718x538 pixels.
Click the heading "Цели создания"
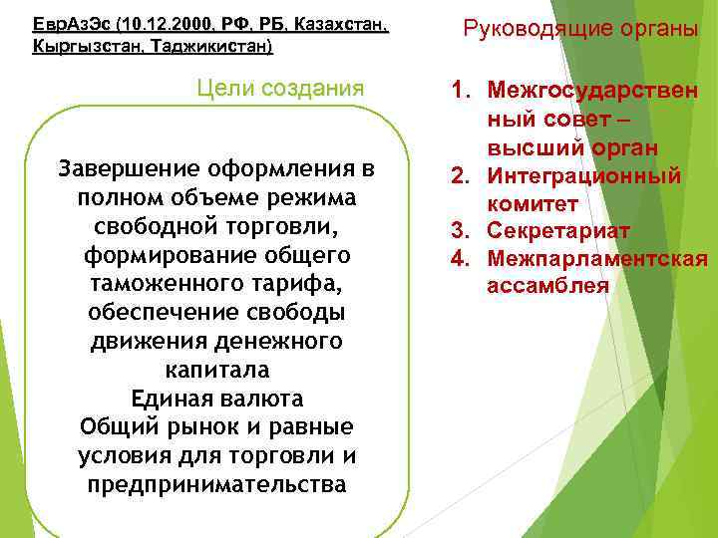280,89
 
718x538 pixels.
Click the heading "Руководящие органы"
579,28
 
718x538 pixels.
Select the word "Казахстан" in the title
340,24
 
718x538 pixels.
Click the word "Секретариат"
558,231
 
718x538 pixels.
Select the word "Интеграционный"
583,176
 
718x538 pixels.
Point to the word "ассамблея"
547,286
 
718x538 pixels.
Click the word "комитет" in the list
533,204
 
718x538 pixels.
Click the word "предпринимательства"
216,484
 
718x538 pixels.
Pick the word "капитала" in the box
216,369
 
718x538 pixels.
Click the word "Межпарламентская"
597,259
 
